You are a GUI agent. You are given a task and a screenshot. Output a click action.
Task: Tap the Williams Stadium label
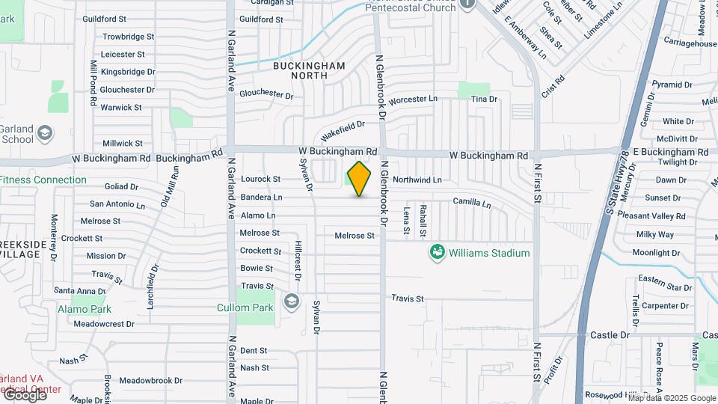point(489,253)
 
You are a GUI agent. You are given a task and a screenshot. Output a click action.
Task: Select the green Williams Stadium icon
point(437,252)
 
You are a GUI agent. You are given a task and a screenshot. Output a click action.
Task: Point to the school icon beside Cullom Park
point(291,303)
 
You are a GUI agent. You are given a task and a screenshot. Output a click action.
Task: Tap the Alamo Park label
point(85,309)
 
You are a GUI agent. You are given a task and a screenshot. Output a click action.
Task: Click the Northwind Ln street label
point(417,180)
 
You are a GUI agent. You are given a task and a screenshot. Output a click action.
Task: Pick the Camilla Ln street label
point(472,203)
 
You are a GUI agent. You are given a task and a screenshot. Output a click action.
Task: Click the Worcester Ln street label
point(412,99)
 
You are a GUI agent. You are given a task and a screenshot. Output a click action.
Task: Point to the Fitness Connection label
point(43,180)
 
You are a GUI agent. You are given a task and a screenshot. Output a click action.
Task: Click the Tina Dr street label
point(484,99)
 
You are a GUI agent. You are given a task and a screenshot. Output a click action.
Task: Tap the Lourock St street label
point(260,179)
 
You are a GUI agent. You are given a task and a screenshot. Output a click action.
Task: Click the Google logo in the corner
point(25,394)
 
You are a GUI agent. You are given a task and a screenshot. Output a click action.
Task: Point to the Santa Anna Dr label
point(80,290)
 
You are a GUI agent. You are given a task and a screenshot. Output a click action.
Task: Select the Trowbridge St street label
point(128,36)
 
